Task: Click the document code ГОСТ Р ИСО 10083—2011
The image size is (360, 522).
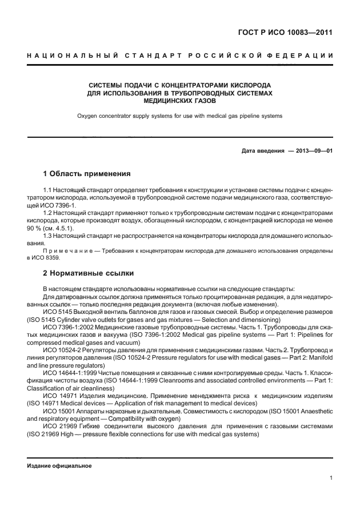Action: point(286,32)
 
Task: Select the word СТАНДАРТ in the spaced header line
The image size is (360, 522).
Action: point(150,55)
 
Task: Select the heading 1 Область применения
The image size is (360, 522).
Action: point(87,173)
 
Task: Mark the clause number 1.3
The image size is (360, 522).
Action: point(48,235)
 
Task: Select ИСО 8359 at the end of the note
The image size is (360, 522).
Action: point(48,258)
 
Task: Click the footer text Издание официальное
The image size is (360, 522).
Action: point(59,465)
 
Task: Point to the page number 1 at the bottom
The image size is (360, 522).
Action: point(331,478)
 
